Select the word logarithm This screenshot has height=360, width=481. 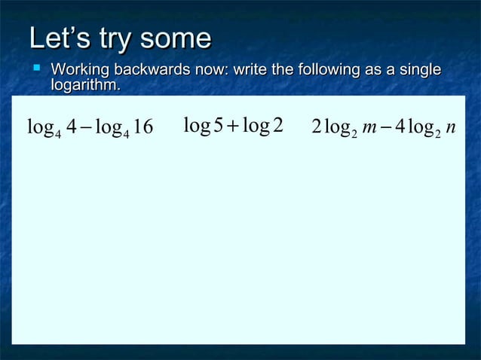pos(84,87)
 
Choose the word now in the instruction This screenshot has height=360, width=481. pos(211,71)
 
